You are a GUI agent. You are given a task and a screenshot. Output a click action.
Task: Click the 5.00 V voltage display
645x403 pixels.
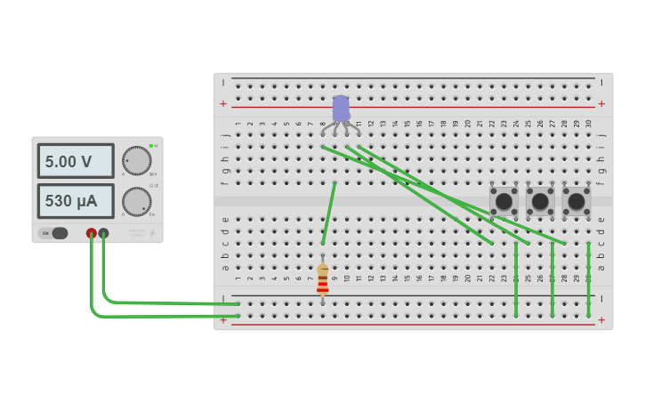(x=76, y=161)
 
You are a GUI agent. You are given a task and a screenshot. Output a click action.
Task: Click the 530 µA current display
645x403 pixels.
(x=76, y=201)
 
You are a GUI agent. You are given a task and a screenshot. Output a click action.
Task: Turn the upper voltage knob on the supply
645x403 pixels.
(x=136, y=160)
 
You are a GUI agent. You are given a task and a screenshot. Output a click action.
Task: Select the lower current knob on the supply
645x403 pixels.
(x=136, y=201)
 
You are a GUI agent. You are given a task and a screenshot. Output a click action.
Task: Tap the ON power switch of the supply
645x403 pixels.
(x=53, y=233)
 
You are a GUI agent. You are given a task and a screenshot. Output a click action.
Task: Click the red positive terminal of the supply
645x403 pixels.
(x=91, y=233)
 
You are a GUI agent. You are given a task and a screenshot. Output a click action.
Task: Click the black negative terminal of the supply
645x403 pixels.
(x=103, y=233)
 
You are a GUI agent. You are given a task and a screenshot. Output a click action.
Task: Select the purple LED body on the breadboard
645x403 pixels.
(x=341, y=109)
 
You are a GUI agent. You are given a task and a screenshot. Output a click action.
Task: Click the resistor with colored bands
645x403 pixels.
(x=322, y=278)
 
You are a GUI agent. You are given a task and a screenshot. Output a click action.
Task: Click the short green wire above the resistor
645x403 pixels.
(x=328, y=214)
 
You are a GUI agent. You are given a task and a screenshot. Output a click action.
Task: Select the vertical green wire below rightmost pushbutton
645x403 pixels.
(x=589, y=278)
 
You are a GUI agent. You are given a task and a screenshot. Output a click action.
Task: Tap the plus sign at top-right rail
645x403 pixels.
(x=601, y=104)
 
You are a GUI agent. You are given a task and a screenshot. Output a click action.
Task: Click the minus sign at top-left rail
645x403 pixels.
(x=223, y=83)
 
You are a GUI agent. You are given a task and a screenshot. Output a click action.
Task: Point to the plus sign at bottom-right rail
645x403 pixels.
(x=601, y=320)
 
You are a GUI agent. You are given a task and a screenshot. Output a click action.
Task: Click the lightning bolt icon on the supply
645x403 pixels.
(x=152, y=234)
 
